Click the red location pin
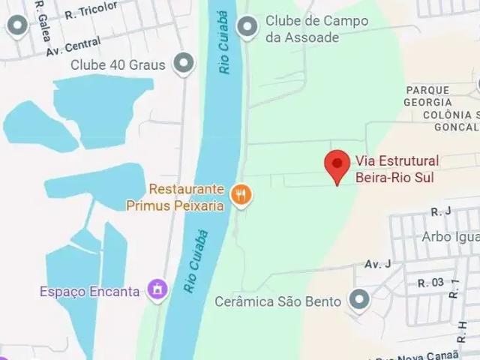[x=337, y=164]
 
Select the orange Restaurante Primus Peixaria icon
[x=241, y=196]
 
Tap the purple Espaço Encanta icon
[x=157, y=289]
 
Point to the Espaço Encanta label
[x=90, y=291]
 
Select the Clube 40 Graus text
[x=118, y=65]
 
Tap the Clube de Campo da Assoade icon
[x=247, y=28]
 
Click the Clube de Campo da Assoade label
[x=316, y=28]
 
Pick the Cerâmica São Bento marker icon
[x=360, y=301]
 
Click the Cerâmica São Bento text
[x=278, y=302]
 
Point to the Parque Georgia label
[x=427, y=95]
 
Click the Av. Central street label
[x=73, y=46]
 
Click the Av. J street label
[x=378, y=263]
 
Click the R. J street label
[x=439, y=212]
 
